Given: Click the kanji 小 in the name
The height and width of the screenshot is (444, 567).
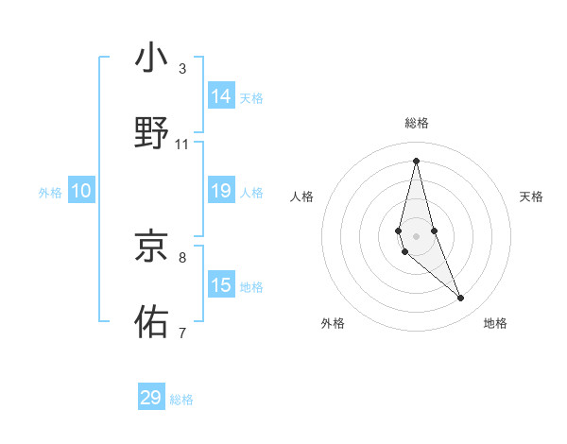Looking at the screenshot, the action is [152, 60].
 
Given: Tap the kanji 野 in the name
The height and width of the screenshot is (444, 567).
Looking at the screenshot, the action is [152, 133].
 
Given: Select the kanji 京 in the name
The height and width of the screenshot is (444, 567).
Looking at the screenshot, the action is [152, 247].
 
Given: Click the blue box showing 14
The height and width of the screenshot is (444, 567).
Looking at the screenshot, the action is [221, 96].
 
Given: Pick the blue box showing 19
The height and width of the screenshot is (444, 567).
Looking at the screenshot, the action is [221, 192].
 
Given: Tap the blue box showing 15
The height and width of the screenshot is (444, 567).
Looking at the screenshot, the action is [221, 286].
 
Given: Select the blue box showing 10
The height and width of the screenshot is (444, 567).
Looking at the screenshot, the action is [81, 192].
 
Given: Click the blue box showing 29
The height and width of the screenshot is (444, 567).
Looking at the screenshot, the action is [151, 398].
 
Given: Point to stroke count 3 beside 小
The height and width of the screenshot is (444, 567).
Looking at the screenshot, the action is [182, 68].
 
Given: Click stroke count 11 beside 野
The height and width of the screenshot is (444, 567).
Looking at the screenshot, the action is [182, 144].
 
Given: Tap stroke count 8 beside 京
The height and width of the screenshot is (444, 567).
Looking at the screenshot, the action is [182, 256].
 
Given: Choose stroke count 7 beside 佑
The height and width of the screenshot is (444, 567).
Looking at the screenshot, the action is [182, 332].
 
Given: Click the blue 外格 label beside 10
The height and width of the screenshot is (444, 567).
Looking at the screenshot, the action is [50, 193].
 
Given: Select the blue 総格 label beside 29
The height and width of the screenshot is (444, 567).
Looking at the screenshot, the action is [181, 400].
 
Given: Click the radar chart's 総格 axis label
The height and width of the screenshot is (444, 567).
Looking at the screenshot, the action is [417, 123].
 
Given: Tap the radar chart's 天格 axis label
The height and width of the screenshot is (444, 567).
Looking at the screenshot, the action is [531, 196].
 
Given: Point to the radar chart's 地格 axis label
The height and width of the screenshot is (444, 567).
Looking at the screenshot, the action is [495, 323].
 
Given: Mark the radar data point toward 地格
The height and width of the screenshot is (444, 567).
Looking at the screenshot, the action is [461, 299].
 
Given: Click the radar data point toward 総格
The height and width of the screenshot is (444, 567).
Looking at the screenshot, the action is [416, 161].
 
